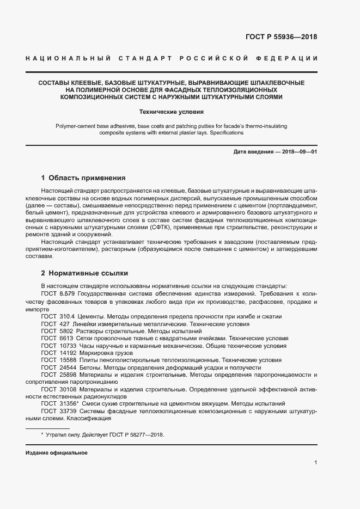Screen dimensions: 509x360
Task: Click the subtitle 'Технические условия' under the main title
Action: pyautogui.click(x=172, y=112)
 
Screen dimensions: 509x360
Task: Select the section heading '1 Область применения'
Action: pyautogui.click(x=83, y=177)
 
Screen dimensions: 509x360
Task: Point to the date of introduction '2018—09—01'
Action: pyautogui.click(x=298, y=151)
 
